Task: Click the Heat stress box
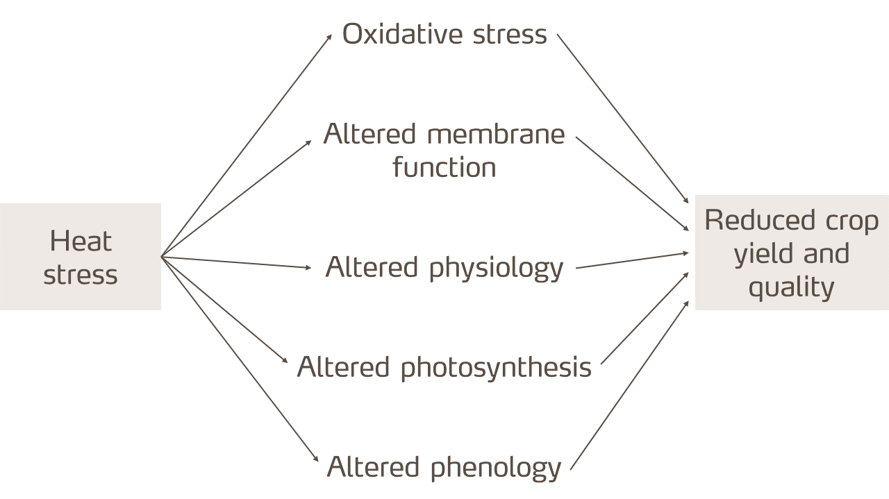[80, 257]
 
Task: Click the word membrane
[496, 134]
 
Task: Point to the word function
[444, 167]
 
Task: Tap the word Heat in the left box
[81, 241]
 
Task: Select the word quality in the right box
[791, 287]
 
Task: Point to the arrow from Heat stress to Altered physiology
[236, 262]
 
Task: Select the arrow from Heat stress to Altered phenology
[240, 360]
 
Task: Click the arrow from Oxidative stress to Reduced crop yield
[623, 119]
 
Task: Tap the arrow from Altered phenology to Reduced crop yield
[629, 386]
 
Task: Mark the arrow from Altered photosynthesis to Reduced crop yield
[645, 318]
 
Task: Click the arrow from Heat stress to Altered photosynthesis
[224, 310]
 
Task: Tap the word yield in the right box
[761, 253]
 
